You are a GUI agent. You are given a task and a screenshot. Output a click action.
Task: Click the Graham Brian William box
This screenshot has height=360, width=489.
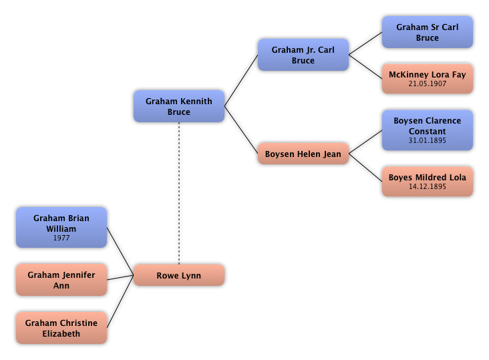[x=61, y=227]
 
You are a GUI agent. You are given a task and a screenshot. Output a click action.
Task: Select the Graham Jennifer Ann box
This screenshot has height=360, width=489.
[x=61, y=280]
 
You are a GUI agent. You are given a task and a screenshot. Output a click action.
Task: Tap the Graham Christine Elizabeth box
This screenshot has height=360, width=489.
[x=61, y=328]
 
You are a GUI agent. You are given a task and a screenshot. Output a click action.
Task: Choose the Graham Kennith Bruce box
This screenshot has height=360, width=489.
[x=179, y=106]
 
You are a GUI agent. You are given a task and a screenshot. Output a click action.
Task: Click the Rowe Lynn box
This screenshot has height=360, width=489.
[x=179, y=275]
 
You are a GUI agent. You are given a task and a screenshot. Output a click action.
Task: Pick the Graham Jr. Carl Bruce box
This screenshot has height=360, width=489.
[x=303, y=55]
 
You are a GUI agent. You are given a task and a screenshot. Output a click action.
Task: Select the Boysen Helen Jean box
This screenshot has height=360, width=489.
[x=303, y=154]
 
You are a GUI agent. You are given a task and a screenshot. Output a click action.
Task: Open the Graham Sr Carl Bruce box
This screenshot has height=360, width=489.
[x=428, y=32]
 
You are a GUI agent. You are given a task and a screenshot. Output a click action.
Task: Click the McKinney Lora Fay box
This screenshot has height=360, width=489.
[x=428, y=79]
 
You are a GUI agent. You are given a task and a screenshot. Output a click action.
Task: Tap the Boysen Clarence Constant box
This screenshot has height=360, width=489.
[x=428, y=130]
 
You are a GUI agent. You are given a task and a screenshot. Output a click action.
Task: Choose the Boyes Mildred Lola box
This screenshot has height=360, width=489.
[x=428, y=182]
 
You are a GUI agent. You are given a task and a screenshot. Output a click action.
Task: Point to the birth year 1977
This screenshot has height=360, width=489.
[x=61, y=238]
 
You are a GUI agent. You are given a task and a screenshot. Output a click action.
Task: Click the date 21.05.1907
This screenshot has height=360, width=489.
[x=428, y=84]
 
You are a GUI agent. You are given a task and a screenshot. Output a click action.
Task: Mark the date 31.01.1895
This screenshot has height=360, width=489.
[x=428, y=141]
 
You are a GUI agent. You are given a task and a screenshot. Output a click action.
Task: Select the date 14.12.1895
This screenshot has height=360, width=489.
[x=428, y=187]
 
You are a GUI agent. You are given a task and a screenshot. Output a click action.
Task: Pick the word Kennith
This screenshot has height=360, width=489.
[x=196, y=102]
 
